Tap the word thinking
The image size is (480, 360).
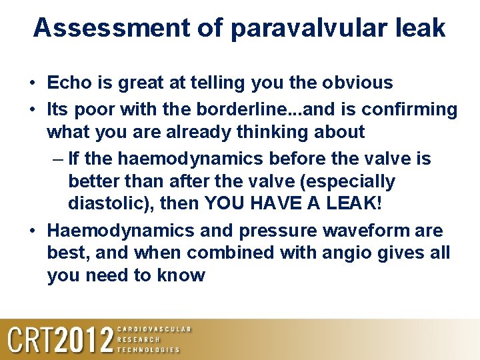pyautogui.click(x=281, y=131)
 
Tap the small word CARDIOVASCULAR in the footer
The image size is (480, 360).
pyautogui.click(x=154, y=329)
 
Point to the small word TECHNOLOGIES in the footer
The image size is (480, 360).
pyautogui.click(x=149, y=349)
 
